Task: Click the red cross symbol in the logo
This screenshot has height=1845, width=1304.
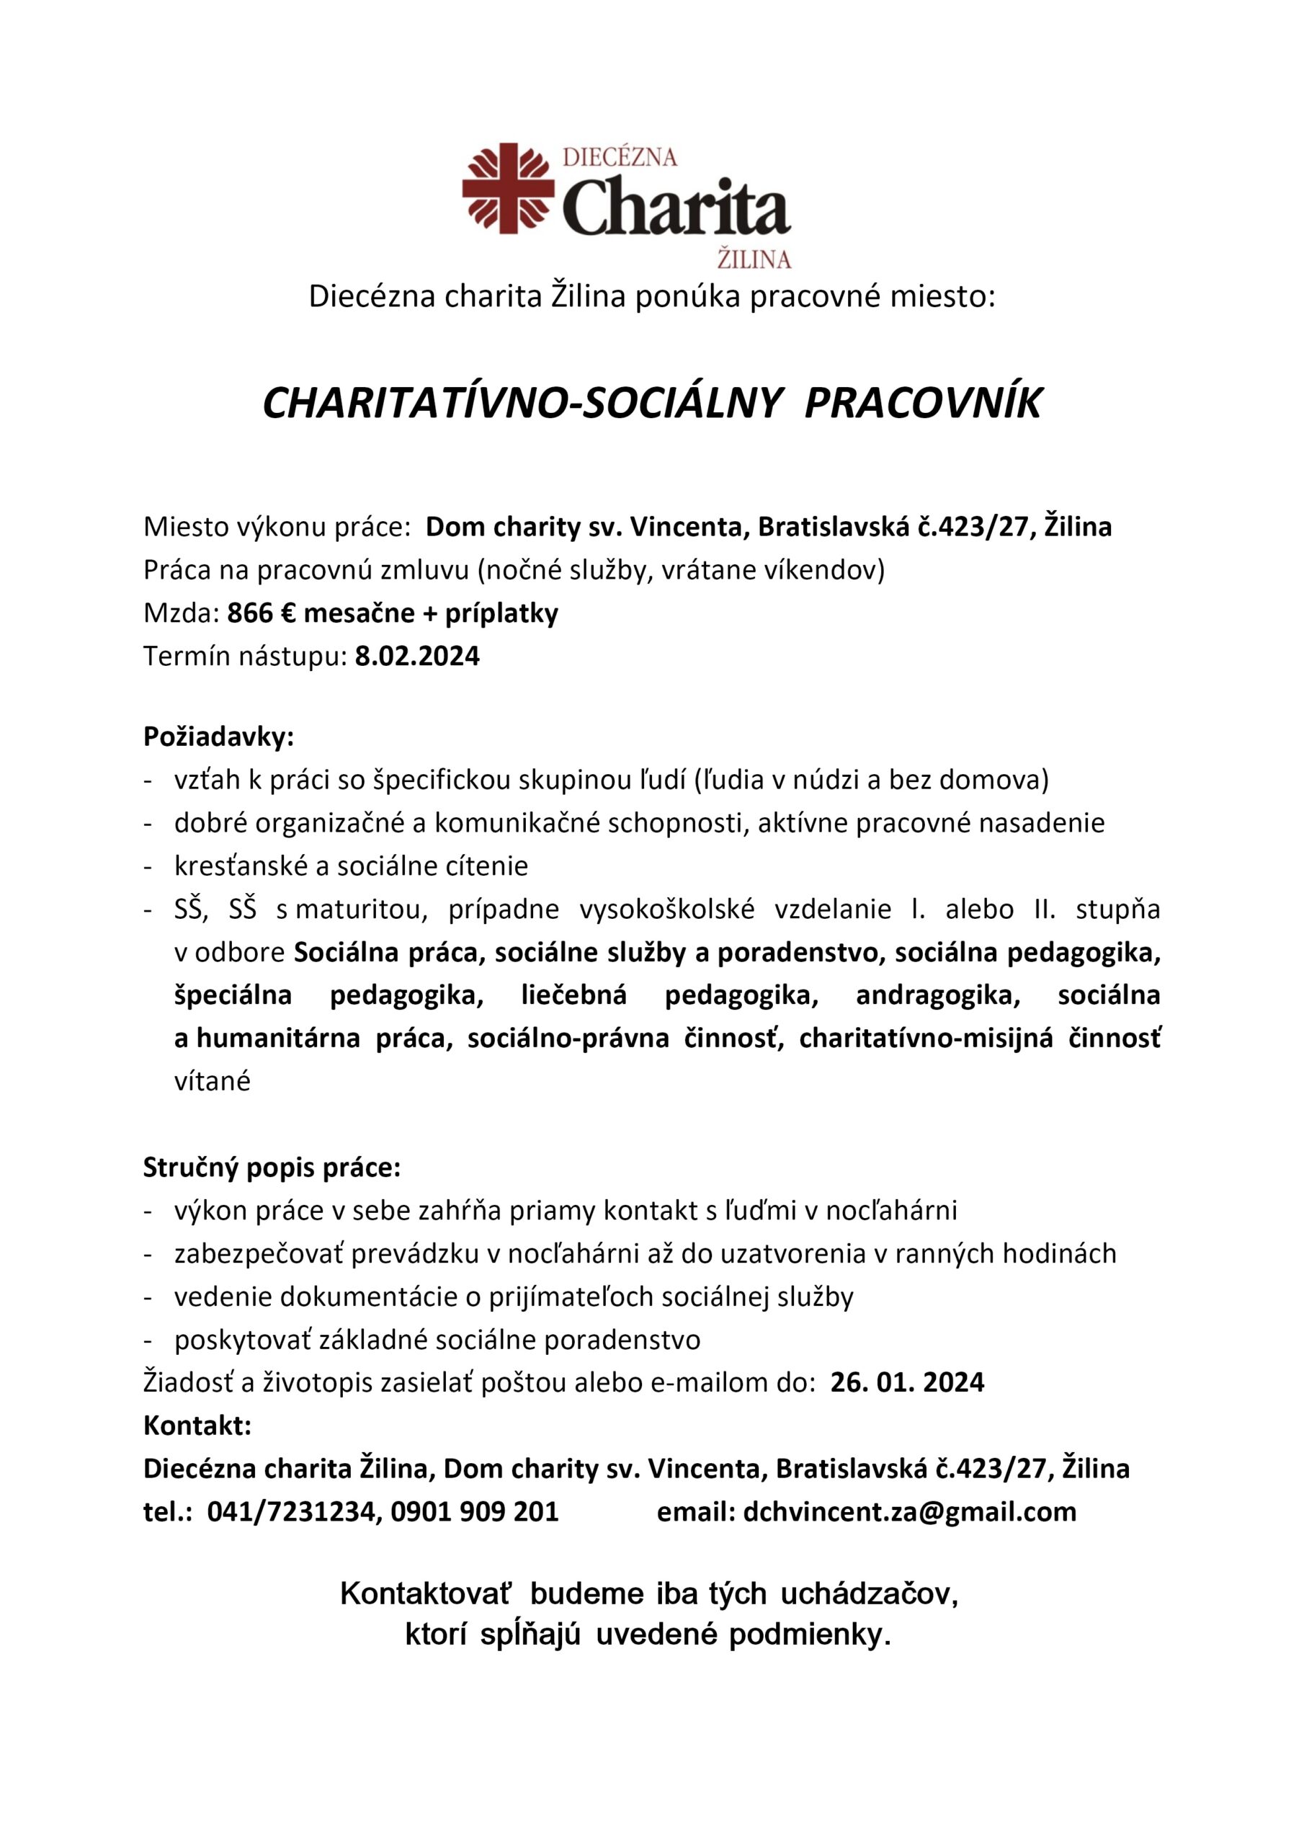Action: [x=508, y=188]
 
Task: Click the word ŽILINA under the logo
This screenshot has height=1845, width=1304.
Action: [x=753, y=259]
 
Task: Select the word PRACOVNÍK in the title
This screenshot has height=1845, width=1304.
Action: [x=922, y=403]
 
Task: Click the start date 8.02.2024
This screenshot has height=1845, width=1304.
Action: [x=417, y=657]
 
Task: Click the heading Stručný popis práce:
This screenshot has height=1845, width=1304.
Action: [x=272, y=1168]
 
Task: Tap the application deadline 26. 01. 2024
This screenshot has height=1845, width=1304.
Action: [x=907, y=1382]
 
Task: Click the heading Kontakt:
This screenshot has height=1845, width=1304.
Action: [x=197, y=1426]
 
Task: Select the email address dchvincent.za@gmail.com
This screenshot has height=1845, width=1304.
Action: [x=909, y=1511]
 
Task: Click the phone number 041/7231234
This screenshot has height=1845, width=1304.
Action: [x=292, y=1511]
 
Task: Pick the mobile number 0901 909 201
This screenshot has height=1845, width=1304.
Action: [x=474, y=1511]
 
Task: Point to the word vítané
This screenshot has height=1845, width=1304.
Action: [x=212, y=1082]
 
